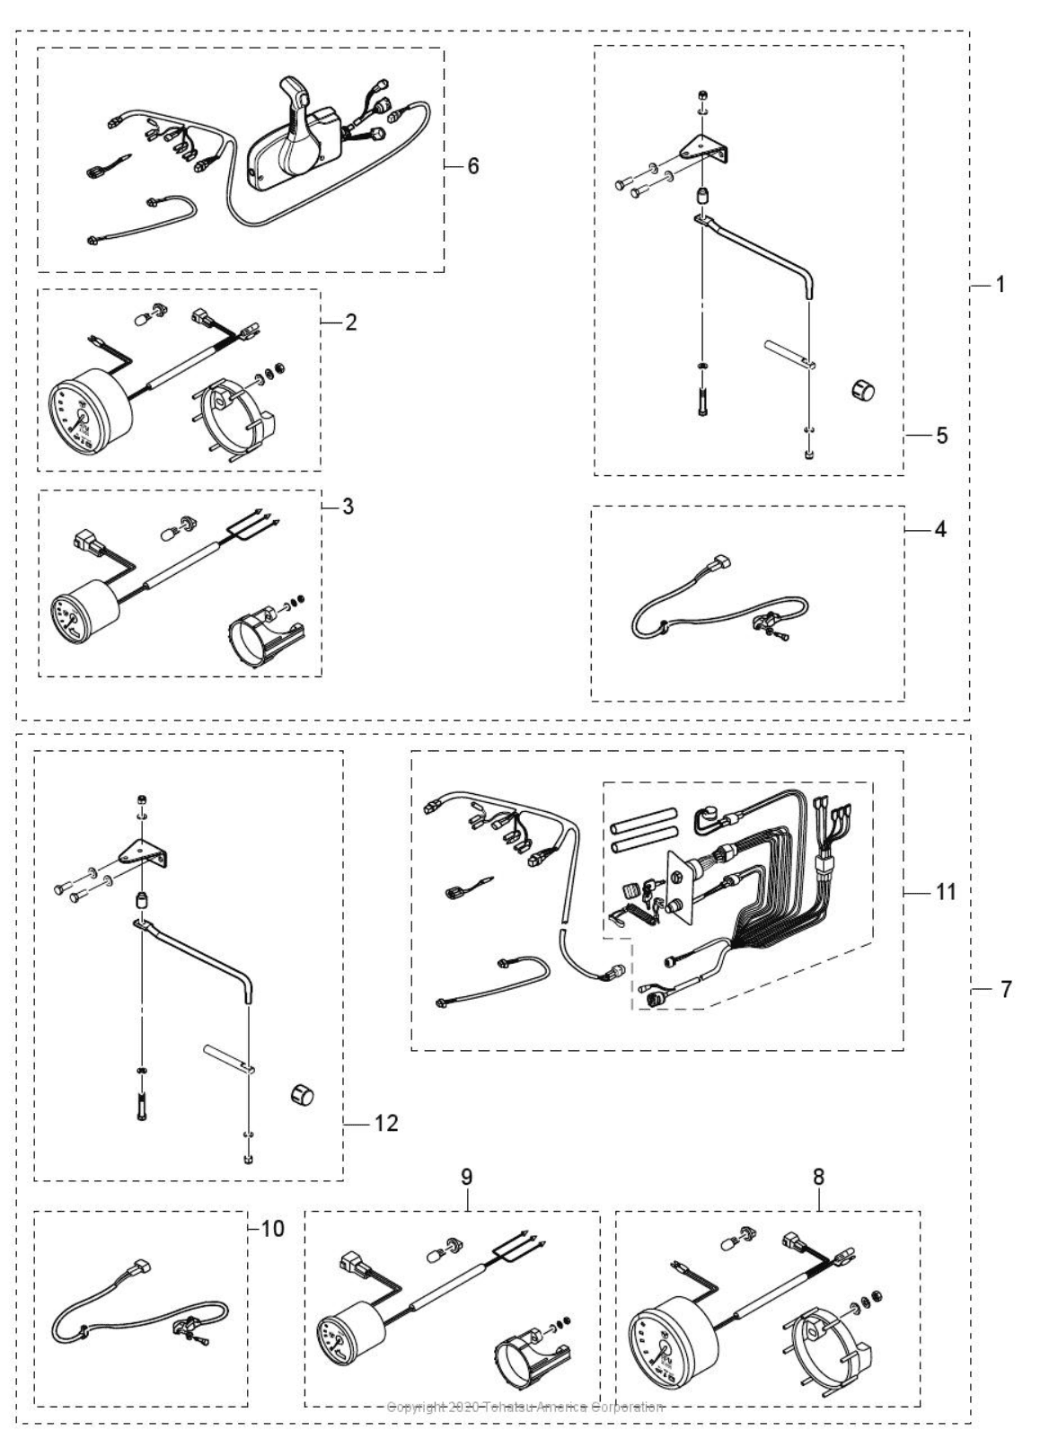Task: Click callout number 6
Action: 472,166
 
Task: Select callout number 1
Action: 1000,285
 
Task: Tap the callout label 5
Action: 941,436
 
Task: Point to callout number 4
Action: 939,530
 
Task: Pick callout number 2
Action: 350,322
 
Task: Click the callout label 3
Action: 348,507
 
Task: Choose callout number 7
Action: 1006,990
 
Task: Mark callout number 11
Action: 946,892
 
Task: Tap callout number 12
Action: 385,1123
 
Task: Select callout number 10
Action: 272,1227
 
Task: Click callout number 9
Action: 466,1177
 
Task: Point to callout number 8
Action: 818,1177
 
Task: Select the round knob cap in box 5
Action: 862,390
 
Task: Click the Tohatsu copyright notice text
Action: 524,1407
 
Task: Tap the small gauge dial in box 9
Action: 344,1338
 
